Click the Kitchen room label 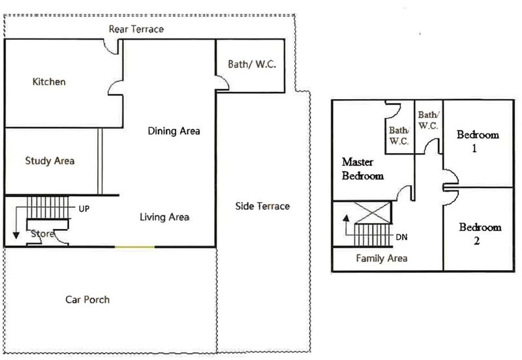pos(49,82)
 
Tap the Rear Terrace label pos(136,29)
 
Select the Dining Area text pos(174,131)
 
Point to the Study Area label pos(50,161)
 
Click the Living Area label pos(164,217)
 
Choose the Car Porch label pos(87,300)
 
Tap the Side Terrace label pos(262,206)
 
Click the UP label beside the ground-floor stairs pos(84,209)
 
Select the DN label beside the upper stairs pos(401,237)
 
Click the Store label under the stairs pos(42,234)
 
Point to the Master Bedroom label pos(363,169)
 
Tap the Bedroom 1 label pos(478,142)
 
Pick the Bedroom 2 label pos(480,234)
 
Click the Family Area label pos(382,258)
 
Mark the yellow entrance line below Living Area pos(135,247)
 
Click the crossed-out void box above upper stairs pos(373,213)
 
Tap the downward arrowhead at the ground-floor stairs pos(16,235)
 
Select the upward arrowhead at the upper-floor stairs pos(346,218)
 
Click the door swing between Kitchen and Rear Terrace pos(110,48)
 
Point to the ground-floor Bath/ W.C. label pos(252,64)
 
